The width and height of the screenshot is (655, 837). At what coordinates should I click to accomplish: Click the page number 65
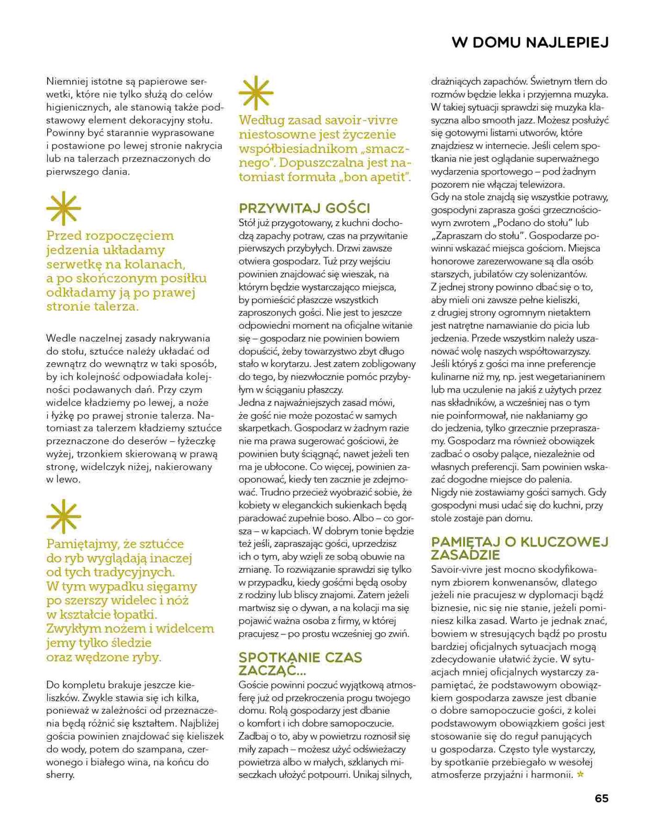click(x=601, y=798)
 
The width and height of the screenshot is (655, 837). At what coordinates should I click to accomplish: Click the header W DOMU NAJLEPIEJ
click(x=530, y=43)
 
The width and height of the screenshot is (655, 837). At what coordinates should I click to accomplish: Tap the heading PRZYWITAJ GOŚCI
click(x=304, y=208)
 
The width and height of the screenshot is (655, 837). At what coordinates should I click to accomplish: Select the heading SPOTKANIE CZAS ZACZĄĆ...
click(x=300, y=663)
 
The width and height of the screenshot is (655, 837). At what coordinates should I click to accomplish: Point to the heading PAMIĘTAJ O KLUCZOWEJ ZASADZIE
click(x=519, y=548)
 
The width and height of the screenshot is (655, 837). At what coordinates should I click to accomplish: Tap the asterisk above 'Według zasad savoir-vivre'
click(x=256, y=93)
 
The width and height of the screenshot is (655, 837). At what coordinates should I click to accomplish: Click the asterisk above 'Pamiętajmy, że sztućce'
click(x=63, y=517)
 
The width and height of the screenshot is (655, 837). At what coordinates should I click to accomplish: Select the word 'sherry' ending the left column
click(x=60, y=775)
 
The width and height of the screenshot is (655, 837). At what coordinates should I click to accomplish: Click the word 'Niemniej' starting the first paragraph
click(x=67, y=82)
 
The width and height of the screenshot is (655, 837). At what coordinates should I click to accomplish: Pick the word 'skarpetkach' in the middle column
click(x=261, y=428)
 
